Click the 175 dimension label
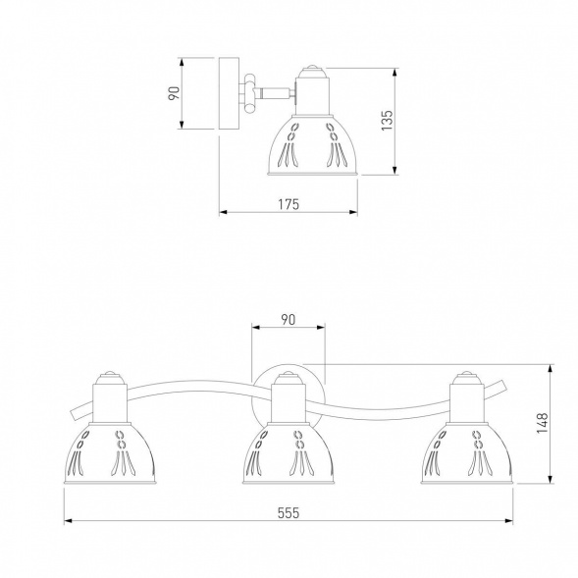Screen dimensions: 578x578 tap(289, 204)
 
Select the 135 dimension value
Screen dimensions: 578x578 tap(387, 120)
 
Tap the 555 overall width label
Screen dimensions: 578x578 tap(289, 513)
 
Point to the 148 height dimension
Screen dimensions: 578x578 tap(543, 423)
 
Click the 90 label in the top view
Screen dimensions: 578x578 tap(174, 93)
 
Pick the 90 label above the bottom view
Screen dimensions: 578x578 tap(289, 320)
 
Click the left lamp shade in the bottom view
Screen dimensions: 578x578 tap(110, 453)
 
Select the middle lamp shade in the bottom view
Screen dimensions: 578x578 tap(289, 453)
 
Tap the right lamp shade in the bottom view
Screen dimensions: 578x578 tap(467, 453)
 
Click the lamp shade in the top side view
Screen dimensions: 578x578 tap(313, 145)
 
